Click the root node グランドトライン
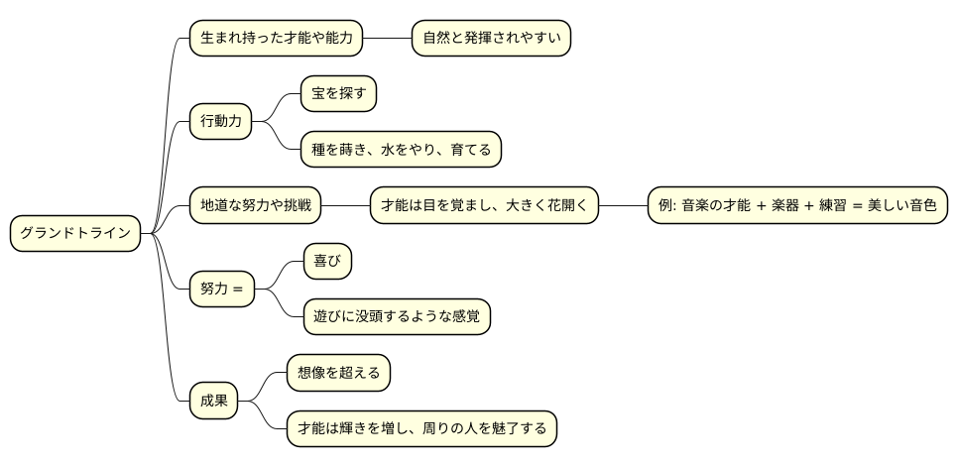75,234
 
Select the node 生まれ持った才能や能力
276,39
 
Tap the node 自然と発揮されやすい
492,39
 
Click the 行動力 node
220,122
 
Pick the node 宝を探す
338,94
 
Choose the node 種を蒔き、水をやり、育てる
402,150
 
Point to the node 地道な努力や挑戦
256,206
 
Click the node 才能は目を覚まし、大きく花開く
484,206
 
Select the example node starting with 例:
796,206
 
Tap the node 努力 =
221,290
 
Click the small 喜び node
327,262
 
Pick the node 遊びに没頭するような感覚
396,317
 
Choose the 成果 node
214,402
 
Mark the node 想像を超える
338,374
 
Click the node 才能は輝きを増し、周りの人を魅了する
421,429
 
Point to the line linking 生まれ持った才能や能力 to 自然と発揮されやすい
387,39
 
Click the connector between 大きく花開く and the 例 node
623,206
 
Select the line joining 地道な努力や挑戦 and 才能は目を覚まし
346,206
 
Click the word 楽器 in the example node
787,206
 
